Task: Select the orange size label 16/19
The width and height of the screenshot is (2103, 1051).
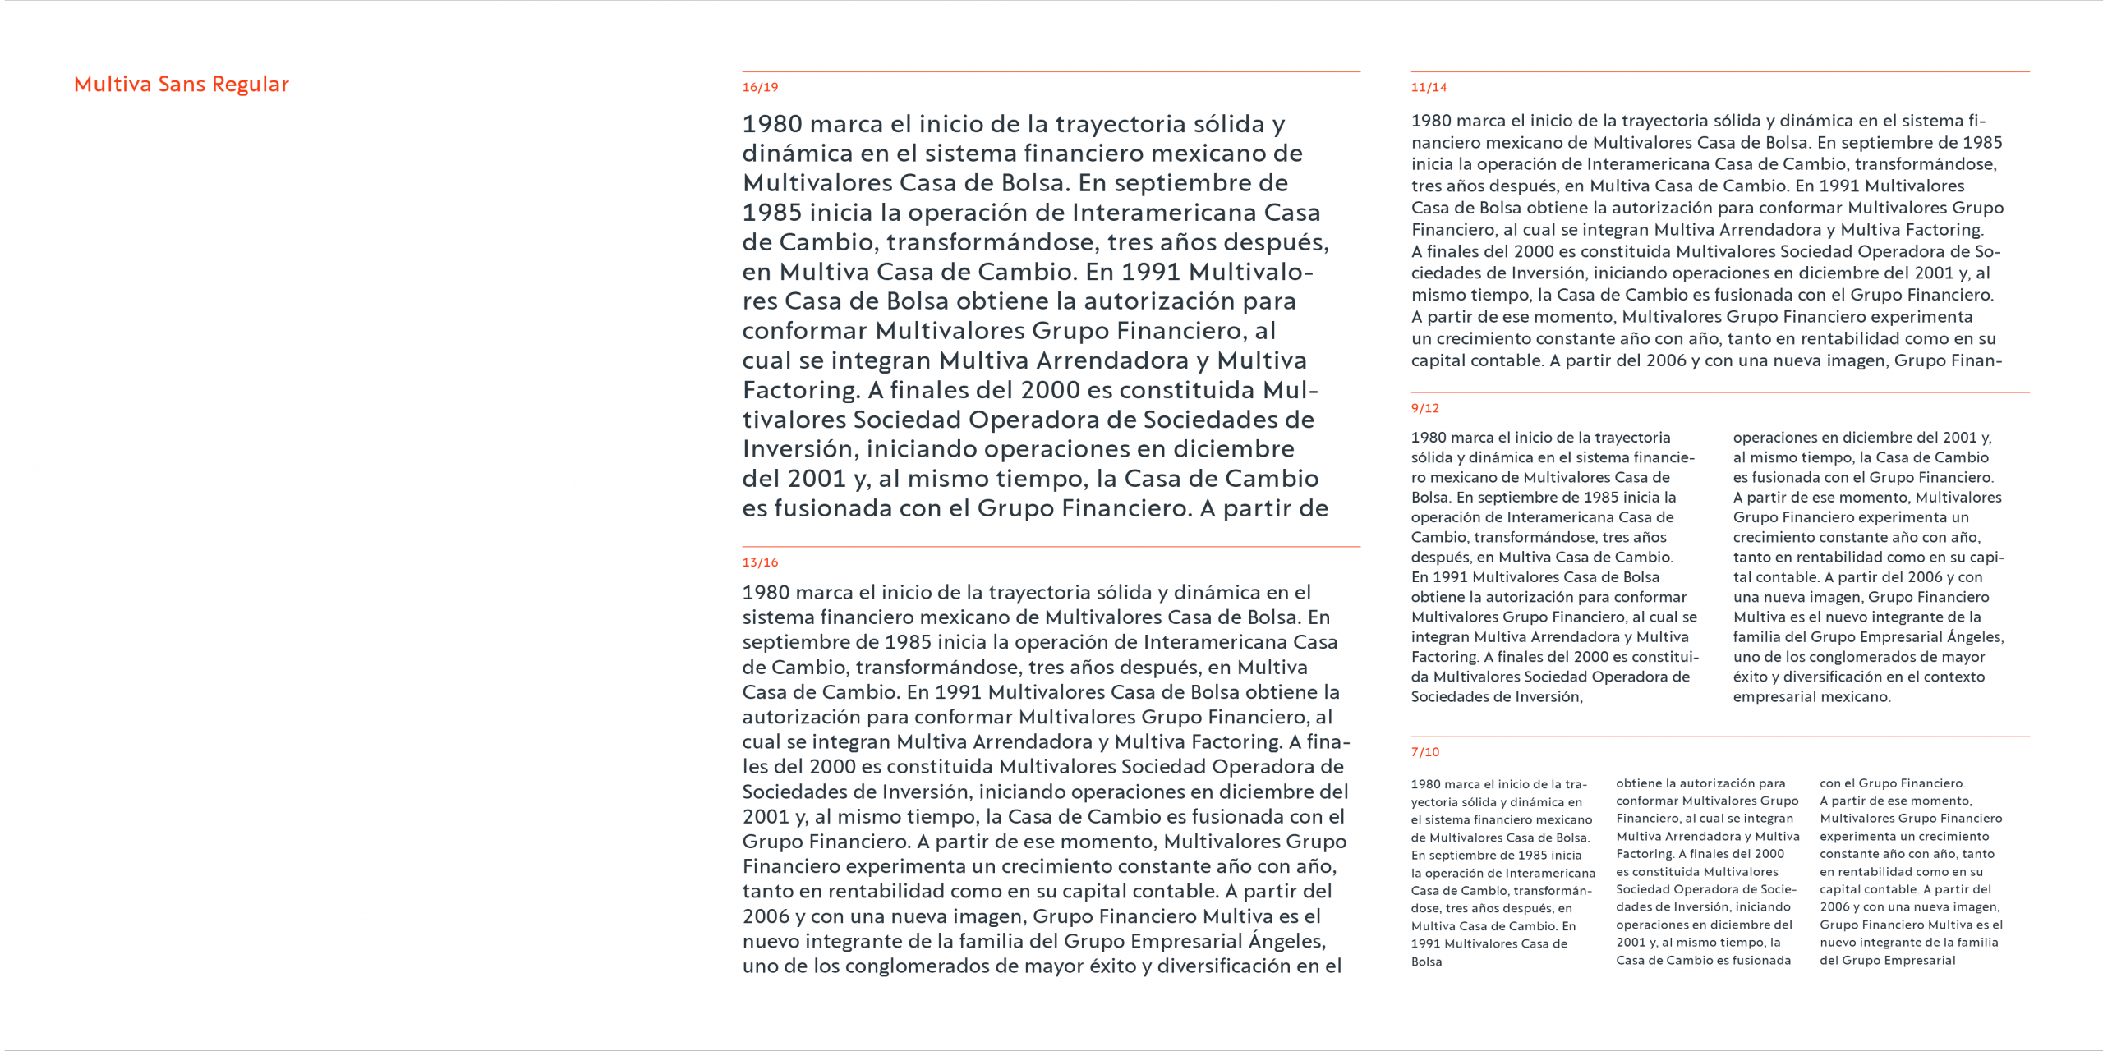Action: (760, 87)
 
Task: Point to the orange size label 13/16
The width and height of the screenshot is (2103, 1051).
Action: (760, 562)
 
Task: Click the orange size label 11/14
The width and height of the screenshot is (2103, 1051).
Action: (1429, 87)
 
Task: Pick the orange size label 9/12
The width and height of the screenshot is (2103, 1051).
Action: (1425, 408)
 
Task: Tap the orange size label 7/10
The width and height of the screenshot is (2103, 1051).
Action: (1425, 752)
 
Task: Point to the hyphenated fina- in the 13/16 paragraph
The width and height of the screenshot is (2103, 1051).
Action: (1319, 741)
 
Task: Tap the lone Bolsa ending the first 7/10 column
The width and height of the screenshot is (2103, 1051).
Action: (1426, 962)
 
